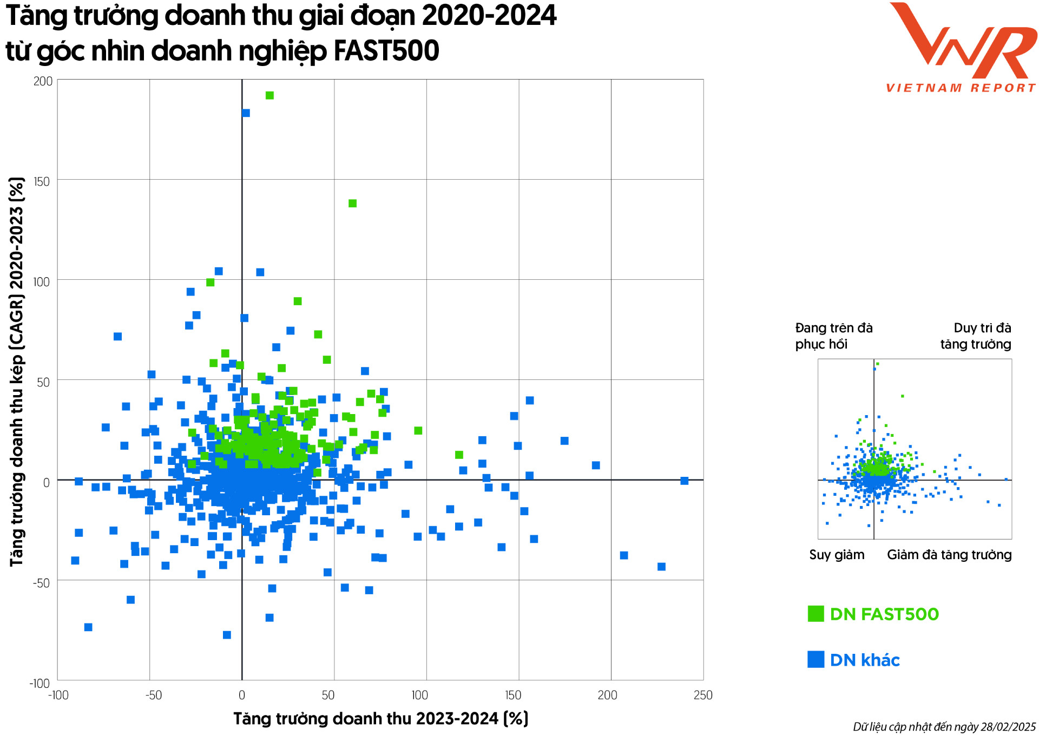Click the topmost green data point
pos(269,96)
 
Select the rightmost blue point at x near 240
pos(684,481)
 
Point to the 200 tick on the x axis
pos(607,695)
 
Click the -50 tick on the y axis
pos(41,583)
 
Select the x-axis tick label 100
pos(420,695)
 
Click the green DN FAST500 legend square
pos(816,614)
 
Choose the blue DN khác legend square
pos(816,659)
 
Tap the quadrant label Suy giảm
pos(837,555)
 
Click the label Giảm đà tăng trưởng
pos(949,555)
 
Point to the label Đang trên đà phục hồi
pos(833,336)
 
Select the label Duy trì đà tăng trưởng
pos(976,336)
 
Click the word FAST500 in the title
pos(386,51)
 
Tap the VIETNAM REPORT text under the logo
pos(961,88)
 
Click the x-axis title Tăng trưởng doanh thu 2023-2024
pos(380,719)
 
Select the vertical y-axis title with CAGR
pos(17,372)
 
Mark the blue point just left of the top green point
pos(246,113)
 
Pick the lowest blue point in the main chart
pos(227,635)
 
